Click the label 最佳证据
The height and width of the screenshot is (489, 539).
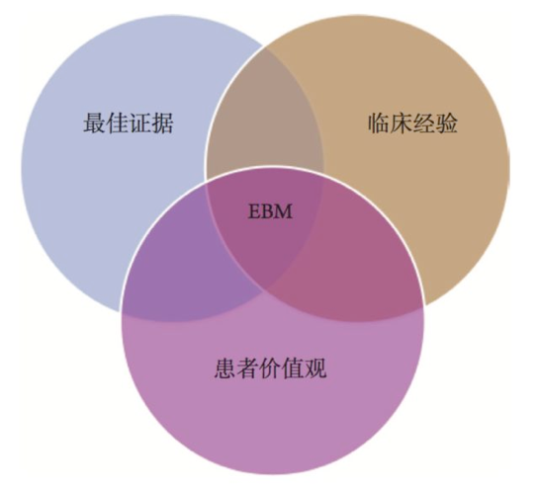click(129, 122)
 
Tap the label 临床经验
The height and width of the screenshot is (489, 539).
click(412, 122)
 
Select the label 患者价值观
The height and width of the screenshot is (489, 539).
click(270, 368)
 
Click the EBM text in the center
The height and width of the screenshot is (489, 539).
click(270, 211)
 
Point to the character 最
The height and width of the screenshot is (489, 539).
click(95, 122)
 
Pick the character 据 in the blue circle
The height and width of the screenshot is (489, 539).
click(162, 122)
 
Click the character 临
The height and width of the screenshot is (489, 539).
click(379, 122)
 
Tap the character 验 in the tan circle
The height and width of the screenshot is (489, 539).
click(447, 122)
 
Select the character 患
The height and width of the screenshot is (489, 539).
click(225, 368)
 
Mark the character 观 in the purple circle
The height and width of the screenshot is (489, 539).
click(315, 368)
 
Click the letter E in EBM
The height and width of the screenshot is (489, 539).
click(254, 211)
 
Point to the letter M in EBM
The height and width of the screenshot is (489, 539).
click(284, 211)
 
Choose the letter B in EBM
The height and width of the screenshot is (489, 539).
click(268, 211)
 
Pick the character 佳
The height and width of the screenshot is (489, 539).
click(118, 122)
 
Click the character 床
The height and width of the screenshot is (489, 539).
click(402, 122)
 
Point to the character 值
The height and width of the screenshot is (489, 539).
click(293, 368)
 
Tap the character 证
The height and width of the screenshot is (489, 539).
click(139, 122)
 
